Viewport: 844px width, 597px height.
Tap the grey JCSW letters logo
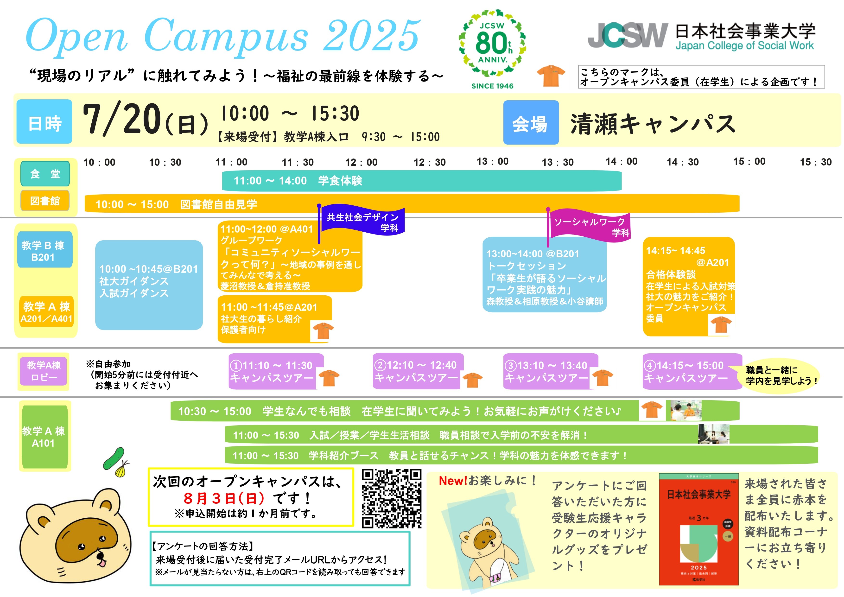pyautogui.click(x=628, y=35)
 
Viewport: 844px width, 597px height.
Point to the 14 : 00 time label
pyautogui.click(x=622, y=161)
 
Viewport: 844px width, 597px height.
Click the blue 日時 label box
pyautogui.click(x=44, y=122)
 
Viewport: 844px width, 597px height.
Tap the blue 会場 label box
pyautogui.click(x=531, y=123)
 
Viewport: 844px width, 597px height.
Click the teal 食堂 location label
pyautogui.click(x=45, y=173)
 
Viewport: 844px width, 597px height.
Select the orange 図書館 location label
pyautogui.click(x=45, y=201)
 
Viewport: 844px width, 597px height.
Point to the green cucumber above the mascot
pyautogui.click(x=114, y=458)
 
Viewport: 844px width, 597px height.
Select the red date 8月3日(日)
pyautogui.click(x=224, y=498)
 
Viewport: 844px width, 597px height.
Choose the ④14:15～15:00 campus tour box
pyautogui.click(x=692, y=371)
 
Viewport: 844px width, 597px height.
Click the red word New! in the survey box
pyautogui.click(x=453, y=481)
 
